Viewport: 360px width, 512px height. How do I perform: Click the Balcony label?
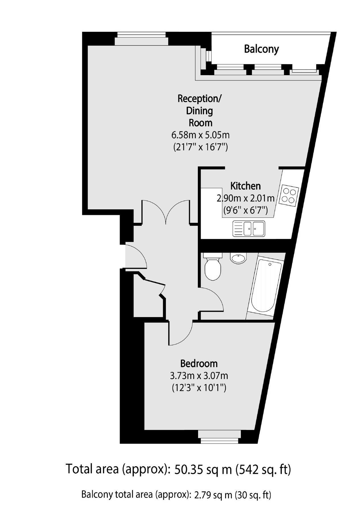pyautogui.click(x=261, y=49)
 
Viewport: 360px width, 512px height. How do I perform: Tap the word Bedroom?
pyautogui.click(x=199, y=363)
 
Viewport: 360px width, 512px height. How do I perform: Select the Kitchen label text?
pyautogui.click(x=245, y=186)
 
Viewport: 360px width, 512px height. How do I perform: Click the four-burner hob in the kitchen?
pyautogui.click(x=289, y=195)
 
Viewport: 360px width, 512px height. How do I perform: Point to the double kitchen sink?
pyautogui.click(x=249, y=228)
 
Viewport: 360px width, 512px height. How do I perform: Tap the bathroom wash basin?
pyautogui.click(x=238, y=258)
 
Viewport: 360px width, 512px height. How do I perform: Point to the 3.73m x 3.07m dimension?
pyautogui.click(x=199, y=376)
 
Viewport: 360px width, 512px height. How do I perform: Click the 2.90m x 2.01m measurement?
pyautogui.click(x=246, y=198)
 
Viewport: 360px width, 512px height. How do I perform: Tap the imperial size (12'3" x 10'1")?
pyautogui.click(x=199, y=388)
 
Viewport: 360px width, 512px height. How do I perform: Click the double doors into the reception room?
pyautogui.click(x=166, y=212)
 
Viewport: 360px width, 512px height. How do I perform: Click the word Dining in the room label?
pyautogui.click(x=199, y=111)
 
